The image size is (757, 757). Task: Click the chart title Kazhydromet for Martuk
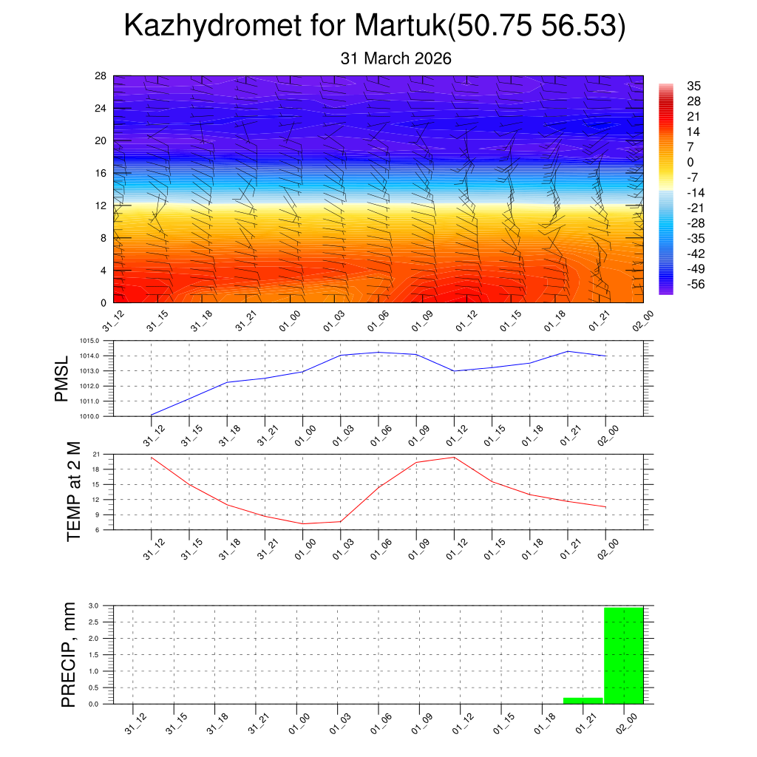pyautogui.click(x=375, y=26)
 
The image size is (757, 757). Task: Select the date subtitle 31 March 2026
pyautogui.click(x=396, y=58)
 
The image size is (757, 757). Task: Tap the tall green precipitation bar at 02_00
pyautogui.click(x=624, y=655)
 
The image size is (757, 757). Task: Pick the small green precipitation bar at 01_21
pyautogui.click(x=583, y=700)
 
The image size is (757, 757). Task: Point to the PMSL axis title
pyautogui.click(x=61, y=378)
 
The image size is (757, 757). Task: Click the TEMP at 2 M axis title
pyautogui.click(x=73, y=491)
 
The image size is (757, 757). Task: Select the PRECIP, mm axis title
pyautogui.click(x=69, y=654)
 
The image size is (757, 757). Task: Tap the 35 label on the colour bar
pyautogui.click(x=694, y=85)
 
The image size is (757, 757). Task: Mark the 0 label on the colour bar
pyautogui.click(x=690, y=162)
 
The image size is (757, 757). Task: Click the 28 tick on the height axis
pyautogui.click(x=101, y=76)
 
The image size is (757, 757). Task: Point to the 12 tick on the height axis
pyautogui.click(x=101, y=206)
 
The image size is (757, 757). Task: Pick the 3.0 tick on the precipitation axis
pyautogui.click(x=94, y=605)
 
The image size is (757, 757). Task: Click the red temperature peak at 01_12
pyautogui.click(x=454, y=457)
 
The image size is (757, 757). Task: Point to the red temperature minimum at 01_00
pyautogui.click(x=303, y=523)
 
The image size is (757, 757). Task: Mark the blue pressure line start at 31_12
pyautogui.click(x=152, y=415)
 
